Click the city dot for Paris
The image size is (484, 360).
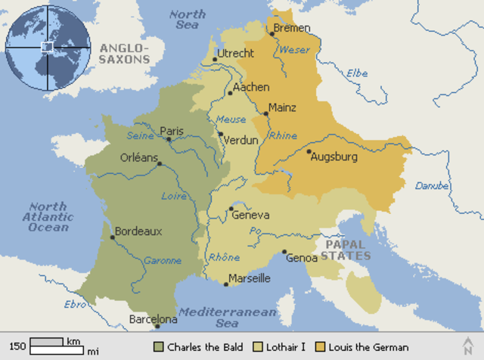coord(169,139)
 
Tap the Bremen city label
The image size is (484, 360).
coord(293,28)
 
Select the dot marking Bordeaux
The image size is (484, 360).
coord(113,237)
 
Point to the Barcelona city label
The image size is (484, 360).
coord(154,320)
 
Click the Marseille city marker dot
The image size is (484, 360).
coord(226,284)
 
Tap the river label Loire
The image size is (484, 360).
coord(174,196)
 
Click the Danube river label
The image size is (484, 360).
coord(432,185)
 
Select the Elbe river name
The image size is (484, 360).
coord(356,73)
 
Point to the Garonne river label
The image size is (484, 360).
coord(163,260)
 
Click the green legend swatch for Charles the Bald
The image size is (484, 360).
coord(158,347)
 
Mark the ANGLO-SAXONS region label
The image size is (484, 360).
coord(125,54)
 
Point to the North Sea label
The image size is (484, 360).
coord(187,20)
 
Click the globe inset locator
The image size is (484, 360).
coord(47,46)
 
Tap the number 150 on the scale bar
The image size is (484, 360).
coord(17,346)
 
